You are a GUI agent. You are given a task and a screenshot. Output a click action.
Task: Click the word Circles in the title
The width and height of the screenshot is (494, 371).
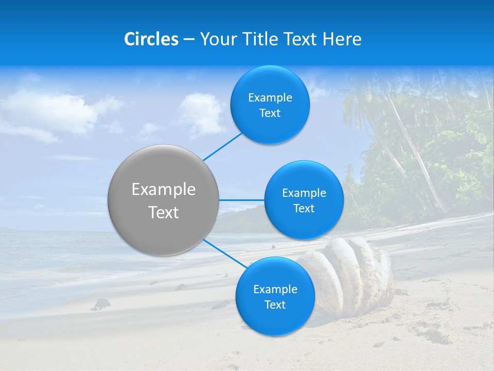pyautogui.click(x=151, y=39)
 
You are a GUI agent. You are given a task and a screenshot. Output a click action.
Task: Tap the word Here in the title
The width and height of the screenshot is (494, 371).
pyautogui.click(x=342, y=39)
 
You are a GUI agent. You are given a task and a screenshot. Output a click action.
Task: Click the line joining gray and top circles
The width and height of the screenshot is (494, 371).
pyautogui.click(x=222, y=146)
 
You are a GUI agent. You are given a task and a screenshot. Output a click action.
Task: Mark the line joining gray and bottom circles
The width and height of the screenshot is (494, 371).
pyautogui.click(x=224, y=254)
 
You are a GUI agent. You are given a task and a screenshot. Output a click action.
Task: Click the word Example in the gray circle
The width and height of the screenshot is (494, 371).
pyautogui.click(x=164, y=190)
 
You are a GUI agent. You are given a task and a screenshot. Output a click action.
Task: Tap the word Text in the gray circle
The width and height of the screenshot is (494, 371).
pyautogui.click(x=164, y=212)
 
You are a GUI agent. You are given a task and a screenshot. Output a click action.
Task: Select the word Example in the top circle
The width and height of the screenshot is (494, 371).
pyautogui.click(x=270, y=98)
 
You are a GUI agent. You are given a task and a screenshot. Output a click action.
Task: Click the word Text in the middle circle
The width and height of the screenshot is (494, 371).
pyautogui.click(x=304, y=209)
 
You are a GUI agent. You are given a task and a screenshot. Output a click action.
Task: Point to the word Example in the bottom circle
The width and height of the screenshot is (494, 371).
pyautogui.click(x=275, y=290)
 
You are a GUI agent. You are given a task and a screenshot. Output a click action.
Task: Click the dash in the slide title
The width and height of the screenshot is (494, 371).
pyautogui.click(x=189, y=39)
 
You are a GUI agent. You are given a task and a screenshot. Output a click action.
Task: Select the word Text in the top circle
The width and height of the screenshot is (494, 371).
pyautogui.click(x=270, y=113)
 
